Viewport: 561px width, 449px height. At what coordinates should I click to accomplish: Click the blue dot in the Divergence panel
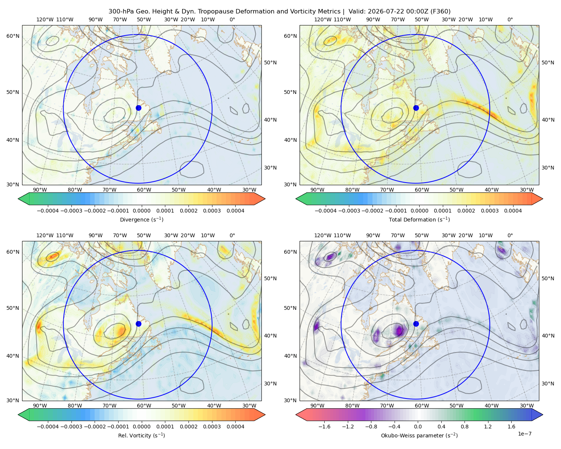(138, 108)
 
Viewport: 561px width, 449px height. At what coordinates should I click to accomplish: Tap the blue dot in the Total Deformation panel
(416, 108)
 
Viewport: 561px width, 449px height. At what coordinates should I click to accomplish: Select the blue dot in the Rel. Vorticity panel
(138, 324)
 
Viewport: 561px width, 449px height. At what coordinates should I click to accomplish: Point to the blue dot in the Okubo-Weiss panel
(416, 324)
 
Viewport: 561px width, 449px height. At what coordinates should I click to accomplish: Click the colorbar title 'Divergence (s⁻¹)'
(141, 219)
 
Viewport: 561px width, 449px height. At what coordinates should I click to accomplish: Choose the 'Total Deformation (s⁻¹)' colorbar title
(419, 219)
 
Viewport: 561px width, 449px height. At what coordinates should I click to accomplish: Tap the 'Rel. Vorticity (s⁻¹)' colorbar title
(141, 435)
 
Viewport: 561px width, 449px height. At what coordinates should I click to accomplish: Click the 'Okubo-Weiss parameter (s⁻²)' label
(419, 435)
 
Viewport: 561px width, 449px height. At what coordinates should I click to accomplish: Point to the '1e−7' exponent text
(524, 434)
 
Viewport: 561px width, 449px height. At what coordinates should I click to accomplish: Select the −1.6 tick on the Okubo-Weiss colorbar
(324, 426)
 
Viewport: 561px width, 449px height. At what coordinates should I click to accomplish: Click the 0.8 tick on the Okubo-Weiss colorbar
(465, 426)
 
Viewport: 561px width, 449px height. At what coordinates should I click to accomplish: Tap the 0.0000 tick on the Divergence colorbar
(141, 211)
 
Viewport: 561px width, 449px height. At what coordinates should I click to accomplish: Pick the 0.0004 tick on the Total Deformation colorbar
(513, 211)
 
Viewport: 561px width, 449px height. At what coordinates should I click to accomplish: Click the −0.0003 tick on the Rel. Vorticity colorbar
(71, 426)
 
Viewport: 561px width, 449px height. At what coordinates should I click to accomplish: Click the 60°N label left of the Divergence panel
(13, 36)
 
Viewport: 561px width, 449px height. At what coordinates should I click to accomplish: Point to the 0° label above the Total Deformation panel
(510, 19)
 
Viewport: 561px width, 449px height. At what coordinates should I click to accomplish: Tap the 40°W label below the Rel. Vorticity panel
(214, 406)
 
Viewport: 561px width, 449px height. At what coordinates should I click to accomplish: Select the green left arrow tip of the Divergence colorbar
(18, 199)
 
